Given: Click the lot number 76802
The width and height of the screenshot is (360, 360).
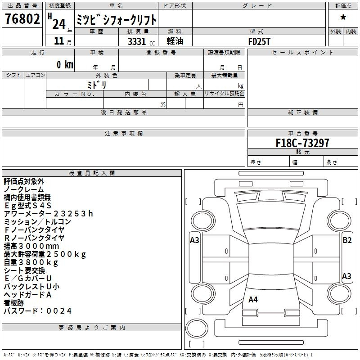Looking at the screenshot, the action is click(x=22, y=18).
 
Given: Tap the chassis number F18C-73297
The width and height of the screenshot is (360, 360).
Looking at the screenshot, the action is click(x=302, y=143).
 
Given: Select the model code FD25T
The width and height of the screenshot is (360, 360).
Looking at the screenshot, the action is click(x=259, y=41).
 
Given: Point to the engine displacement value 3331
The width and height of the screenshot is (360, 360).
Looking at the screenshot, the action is click(x=137, y=41).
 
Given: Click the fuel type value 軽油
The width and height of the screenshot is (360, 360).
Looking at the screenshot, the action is click(x=175, y=41).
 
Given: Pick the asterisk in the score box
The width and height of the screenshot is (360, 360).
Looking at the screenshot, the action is click(x=343, y=18).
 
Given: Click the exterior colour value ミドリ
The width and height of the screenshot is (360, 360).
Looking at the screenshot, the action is click(x=97, y=85).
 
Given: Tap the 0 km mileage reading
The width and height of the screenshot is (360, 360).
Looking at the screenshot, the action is click(x=65, y=64).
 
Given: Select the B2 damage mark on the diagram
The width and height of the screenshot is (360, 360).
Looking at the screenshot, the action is click(x=347, y=240).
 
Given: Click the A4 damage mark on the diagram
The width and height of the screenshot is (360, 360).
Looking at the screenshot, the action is click(x=253, y=299).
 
